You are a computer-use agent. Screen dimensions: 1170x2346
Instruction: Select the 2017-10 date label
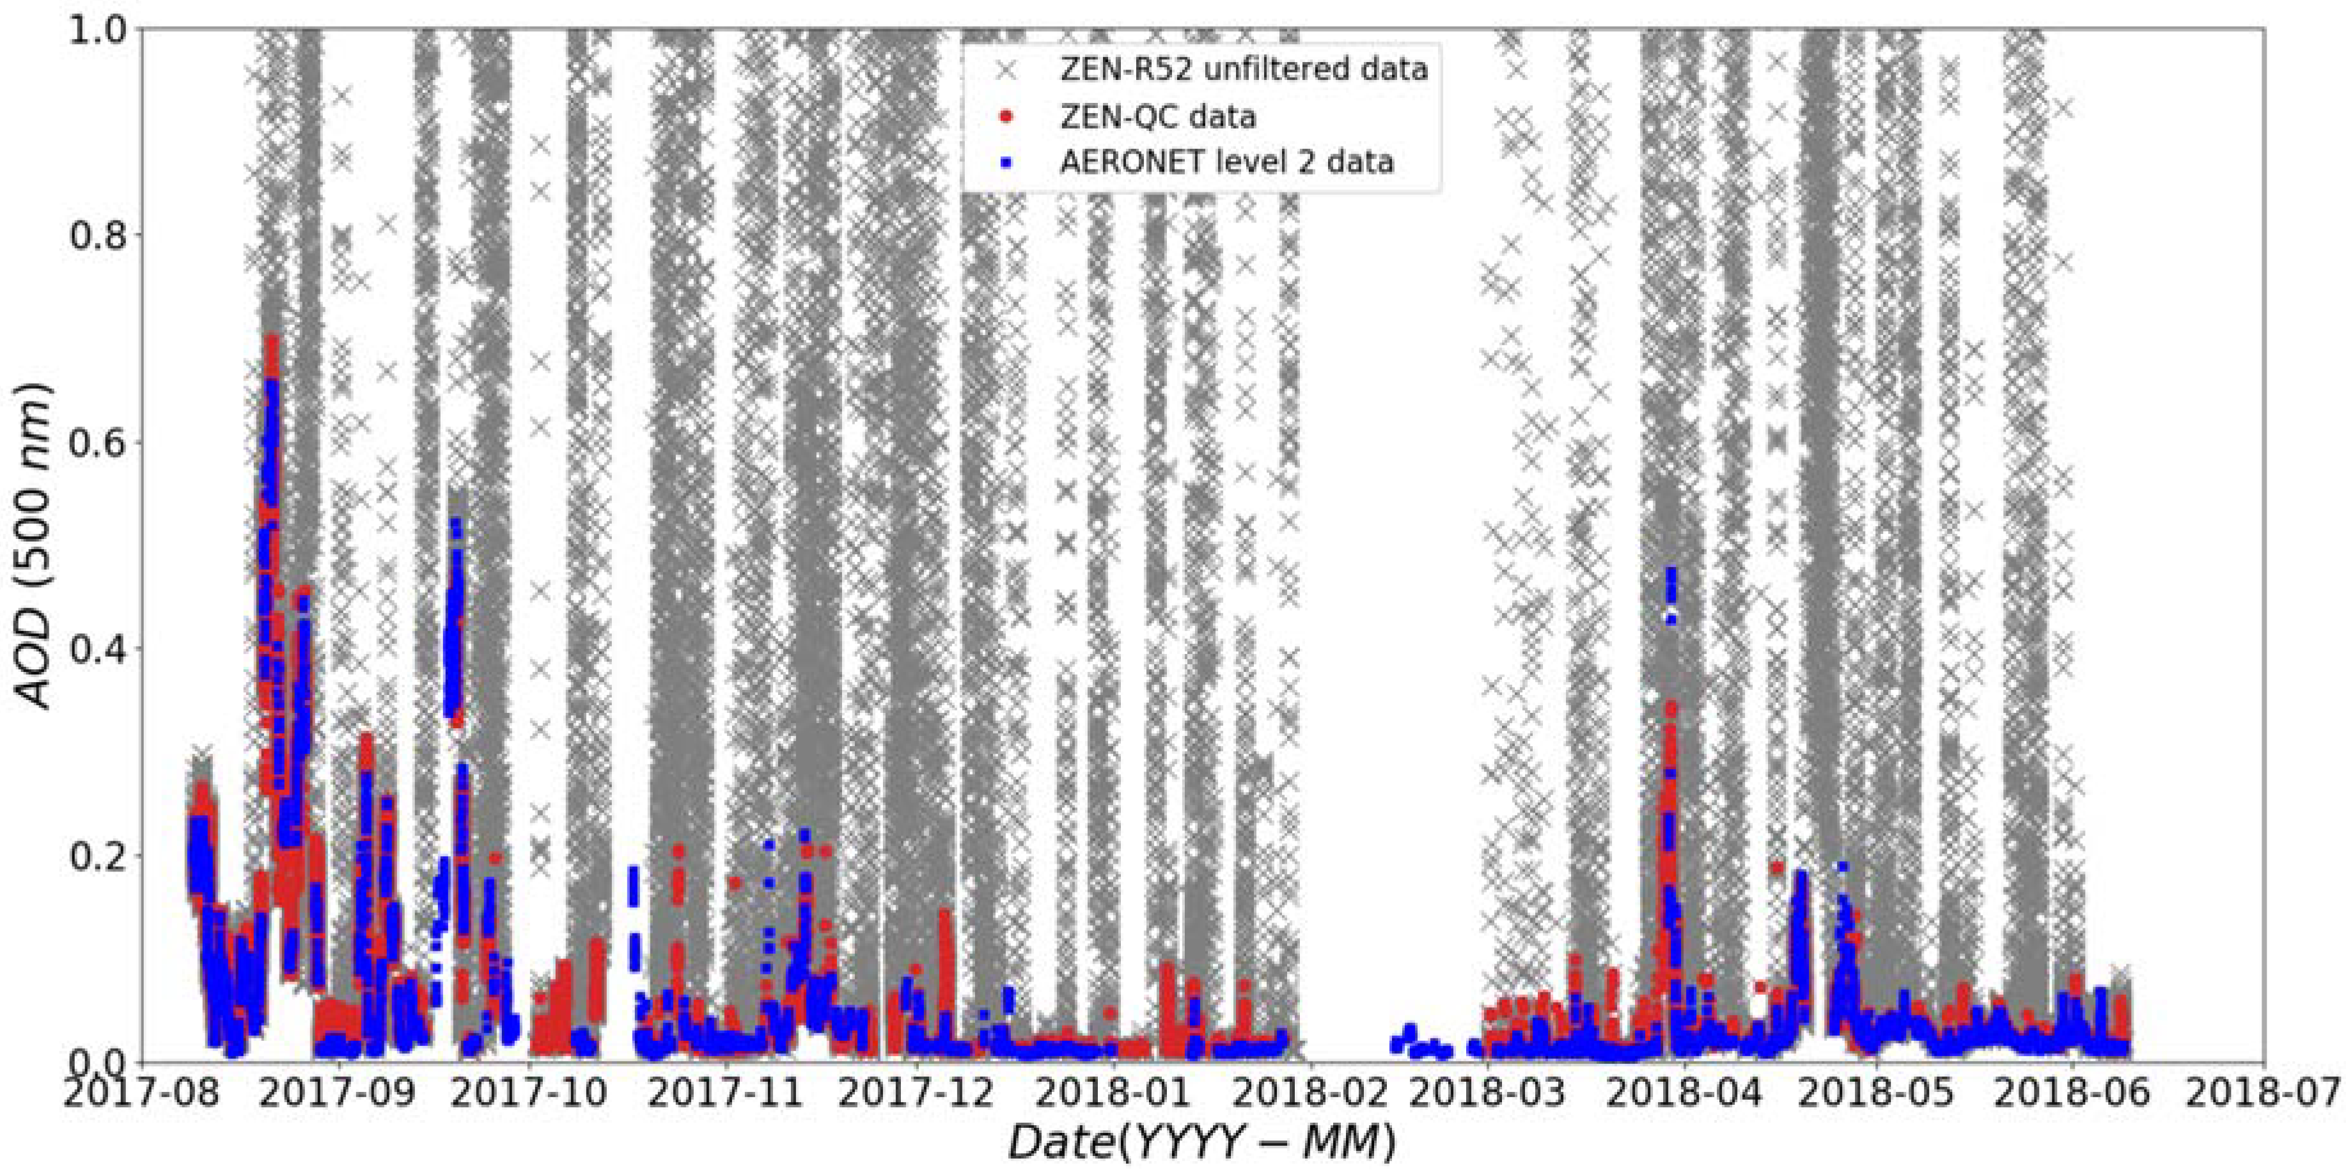tap(530, 1093)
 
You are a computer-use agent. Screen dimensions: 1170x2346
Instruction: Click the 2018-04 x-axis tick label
tap(1684, 1093)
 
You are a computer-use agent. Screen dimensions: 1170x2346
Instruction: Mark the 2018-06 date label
tap(2072, 1093)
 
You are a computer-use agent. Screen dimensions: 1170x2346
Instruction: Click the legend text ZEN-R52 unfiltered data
tap(1243, 69)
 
